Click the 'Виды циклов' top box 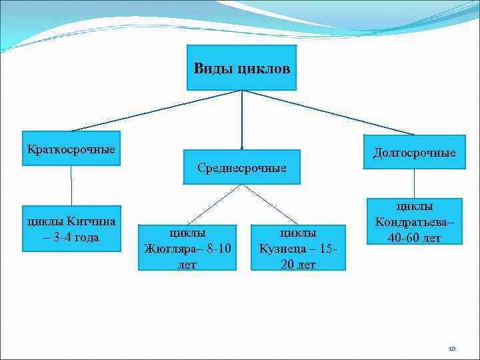(x=241, y=67)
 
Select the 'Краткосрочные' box (x=71, y=148)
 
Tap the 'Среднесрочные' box (x=241, y=167)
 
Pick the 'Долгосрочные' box (x=414, y=152)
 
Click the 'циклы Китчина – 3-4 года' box (x=71, y=229)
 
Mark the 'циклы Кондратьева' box (x=414, y=221)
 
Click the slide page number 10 (x=451, y=348)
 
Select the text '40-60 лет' (x=414, y=237)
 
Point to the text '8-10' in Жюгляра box (x=218, y=249)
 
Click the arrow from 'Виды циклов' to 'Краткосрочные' (x=157, y=110)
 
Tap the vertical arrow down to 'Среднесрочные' (x=241, y=120)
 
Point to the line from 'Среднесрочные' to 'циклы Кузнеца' (x=269, y=203)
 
